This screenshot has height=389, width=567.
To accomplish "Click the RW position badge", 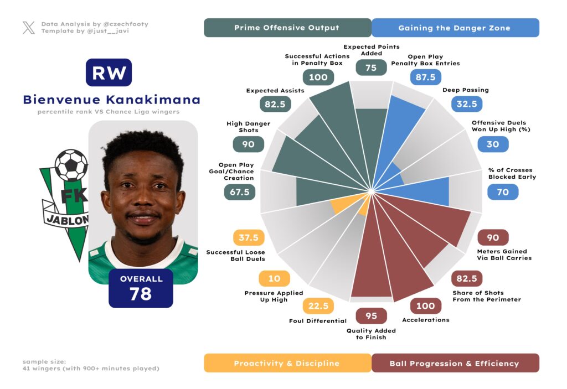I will click(109, 72).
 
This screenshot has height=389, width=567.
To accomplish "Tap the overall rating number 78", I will click(141, 294).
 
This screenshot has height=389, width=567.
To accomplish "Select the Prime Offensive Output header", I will click(287, 28).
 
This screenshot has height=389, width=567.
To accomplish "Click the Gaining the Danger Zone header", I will click(455, 28).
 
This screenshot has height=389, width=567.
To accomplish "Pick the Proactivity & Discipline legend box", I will click(287, 364).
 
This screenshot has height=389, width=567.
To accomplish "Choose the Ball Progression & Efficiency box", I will click(455, 364).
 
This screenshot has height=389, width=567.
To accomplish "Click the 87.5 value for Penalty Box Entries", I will click(425, 77).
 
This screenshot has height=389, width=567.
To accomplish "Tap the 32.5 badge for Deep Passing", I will click(467, 103).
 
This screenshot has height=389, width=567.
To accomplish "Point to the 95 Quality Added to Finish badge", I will click(371, 315).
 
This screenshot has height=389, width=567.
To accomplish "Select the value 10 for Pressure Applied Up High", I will click(274, 278).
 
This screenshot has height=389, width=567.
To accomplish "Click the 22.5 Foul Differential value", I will click(318, 305).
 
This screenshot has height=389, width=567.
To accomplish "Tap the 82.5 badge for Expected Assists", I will click(275, 103).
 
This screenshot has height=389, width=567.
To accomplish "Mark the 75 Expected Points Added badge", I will click(371, 68).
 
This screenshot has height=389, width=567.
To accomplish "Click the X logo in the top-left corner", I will click(29, 28).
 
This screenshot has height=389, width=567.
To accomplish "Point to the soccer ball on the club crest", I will click(71, 165).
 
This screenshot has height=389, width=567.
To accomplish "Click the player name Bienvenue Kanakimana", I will click(111, 100).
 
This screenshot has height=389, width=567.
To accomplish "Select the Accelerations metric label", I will click(425, 320).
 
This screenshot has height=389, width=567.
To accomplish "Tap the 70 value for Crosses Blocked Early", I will click(503, 192).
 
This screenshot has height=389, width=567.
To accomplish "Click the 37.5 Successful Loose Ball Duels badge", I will click(249, 237).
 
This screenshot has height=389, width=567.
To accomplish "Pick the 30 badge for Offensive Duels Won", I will click(492, 144).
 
